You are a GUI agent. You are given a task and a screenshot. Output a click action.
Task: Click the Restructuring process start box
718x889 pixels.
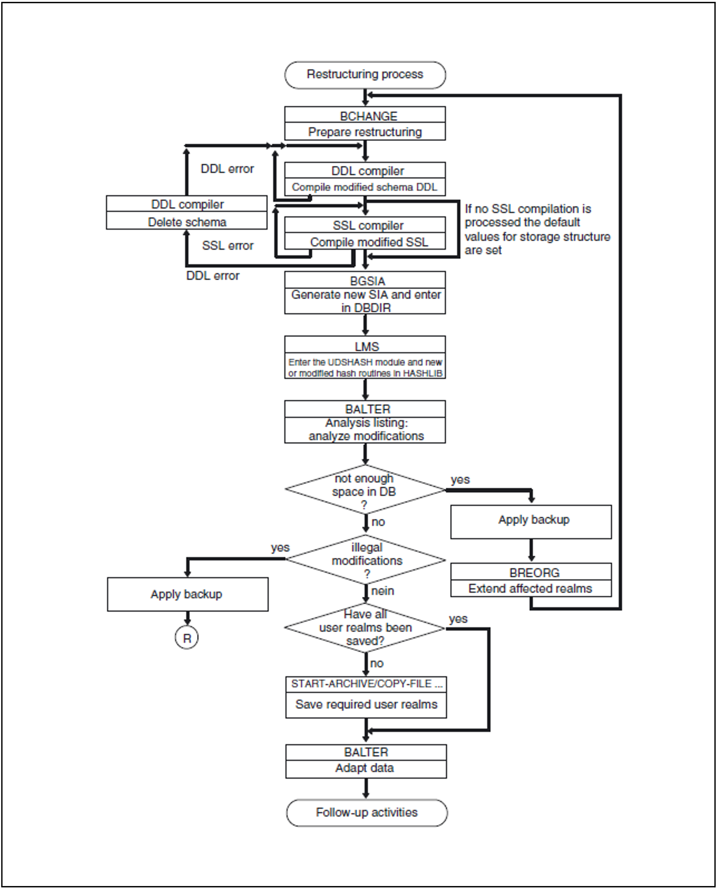click(x=365, y=75)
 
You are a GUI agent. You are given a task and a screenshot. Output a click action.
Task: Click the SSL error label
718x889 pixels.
click(x=227, y=245)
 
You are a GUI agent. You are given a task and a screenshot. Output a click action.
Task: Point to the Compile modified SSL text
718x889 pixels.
click(x=369, y=242)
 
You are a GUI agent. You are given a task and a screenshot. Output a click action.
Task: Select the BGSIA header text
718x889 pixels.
click(x=367, y=281)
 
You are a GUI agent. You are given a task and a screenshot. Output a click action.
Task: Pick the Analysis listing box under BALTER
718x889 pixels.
click(x=365, y=430)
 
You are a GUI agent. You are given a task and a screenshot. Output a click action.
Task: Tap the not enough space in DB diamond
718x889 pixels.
click(x=365, y=490)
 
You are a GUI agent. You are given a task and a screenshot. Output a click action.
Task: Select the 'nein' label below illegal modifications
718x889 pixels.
click(x=383, y=591)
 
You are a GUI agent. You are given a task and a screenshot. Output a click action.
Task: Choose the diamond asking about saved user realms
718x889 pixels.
click(x=365, y=628)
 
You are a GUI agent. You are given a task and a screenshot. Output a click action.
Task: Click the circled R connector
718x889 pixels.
click(x=187, y=638)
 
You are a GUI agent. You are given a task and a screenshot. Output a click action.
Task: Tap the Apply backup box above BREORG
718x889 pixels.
click(x=531, y=522)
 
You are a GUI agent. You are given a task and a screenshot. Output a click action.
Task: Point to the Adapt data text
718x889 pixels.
click(x=364, y=768)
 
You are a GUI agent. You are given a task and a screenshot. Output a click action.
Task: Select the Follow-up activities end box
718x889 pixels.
click(x=367, y=813)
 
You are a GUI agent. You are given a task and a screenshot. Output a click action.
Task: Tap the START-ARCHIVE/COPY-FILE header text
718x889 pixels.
click(x=367, y=684)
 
